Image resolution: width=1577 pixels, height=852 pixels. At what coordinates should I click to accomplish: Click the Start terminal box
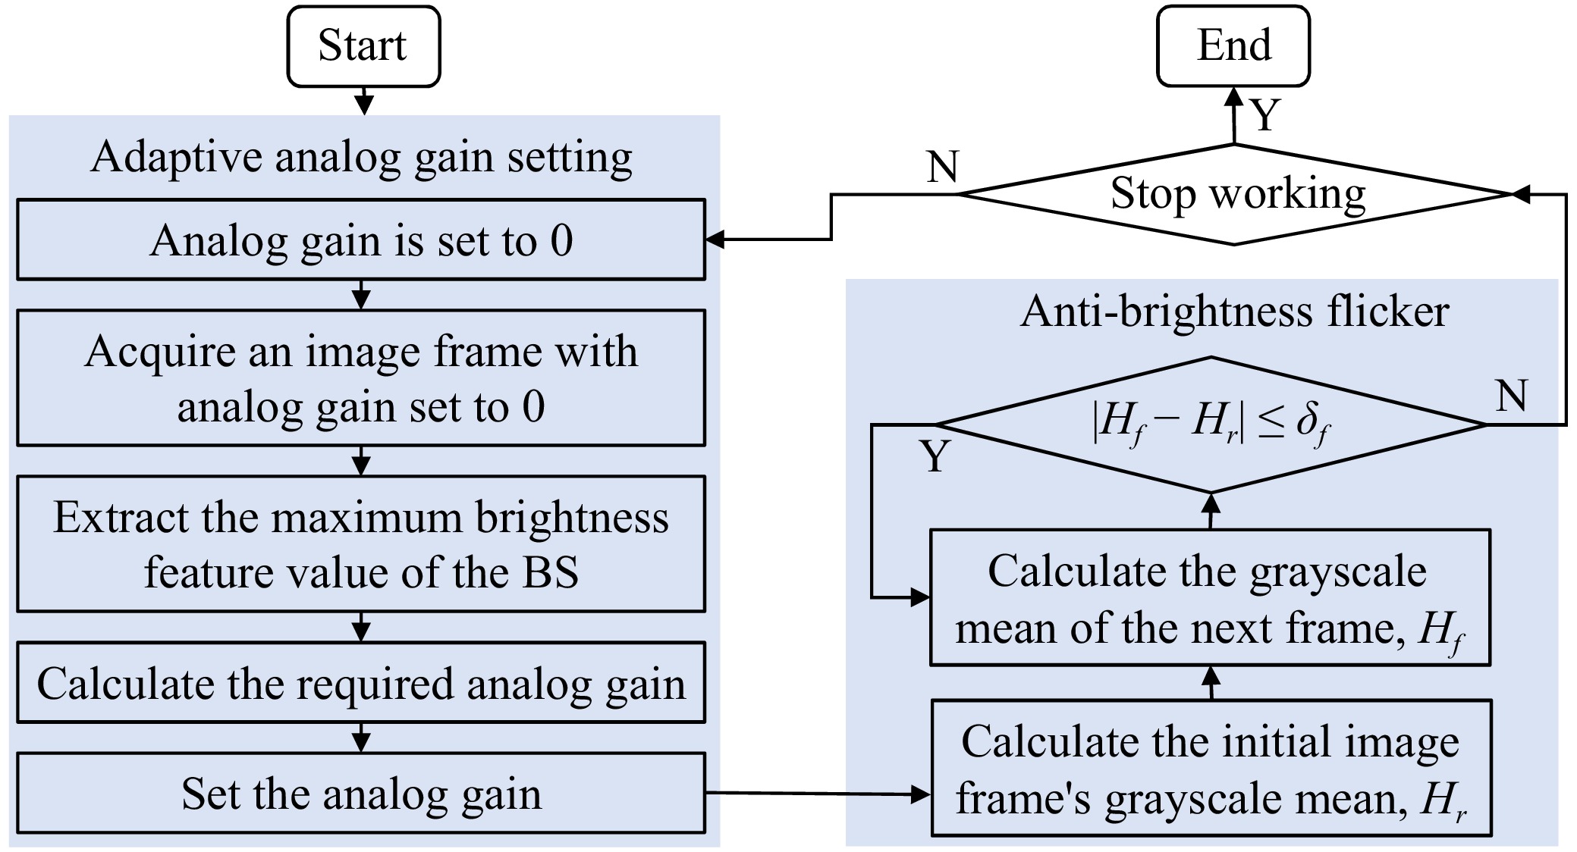(363, 46)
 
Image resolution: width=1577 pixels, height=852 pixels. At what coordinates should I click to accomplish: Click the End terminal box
(1233, 46)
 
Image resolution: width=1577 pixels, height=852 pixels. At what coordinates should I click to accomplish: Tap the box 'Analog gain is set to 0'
(361, 240)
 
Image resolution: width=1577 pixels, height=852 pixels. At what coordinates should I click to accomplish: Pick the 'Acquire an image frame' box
(361, 377)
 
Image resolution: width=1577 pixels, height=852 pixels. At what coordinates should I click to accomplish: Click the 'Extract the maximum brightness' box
(361, 543)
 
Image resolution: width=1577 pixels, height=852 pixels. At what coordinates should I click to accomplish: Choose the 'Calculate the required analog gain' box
(361, 682)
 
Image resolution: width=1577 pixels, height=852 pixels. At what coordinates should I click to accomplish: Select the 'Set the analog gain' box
(361, 793)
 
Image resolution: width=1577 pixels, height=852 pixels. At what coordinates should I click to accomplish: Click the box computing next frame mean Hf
(1210, 598)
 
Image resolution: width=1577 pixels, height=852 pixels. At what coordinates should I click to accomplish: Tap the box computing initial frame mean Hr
(1211, 768)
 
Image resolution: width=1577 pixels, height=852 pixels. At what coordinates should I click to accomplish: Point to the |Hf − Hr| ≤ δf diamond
(1211, 424)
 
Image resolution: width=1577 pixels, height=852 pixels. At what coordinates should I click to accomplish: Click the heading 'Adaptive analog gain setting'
(361, 157)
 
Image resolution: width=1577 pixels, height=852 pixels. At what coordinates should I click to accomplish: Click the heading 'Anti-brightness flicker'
(1235, 311)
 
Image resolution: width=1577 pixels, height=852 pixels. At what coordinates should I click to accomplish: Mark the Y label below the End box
(1265, 116)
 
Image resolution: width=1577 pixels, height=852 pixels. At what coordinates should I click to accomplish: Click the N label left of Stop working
(943, 167)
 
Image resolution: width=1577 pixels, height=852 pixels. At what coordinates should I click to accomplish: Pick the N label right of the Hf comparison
(1511, 396)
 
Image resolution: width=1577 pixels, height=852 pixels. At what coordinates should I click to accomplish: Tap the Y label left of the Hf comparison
(935, 456)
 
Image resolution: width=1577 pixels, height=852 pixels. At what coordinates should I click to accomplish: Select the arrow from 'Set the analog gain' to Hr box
(818, 794)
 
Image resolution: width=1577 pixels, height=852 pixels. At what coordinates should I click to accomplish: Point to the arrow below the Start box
(364, 102)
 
